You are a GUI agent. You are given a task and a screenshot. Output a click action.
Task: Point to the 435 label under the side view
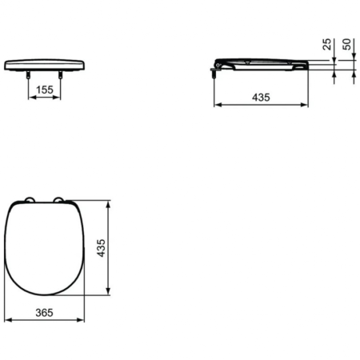pos(261,97)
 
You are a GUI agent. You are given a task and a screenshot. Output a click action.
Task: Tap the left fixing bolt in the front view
pos(30,74)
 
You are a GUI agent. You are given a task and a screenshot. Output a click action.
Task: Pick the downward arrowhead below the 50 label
pos(354,58)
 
